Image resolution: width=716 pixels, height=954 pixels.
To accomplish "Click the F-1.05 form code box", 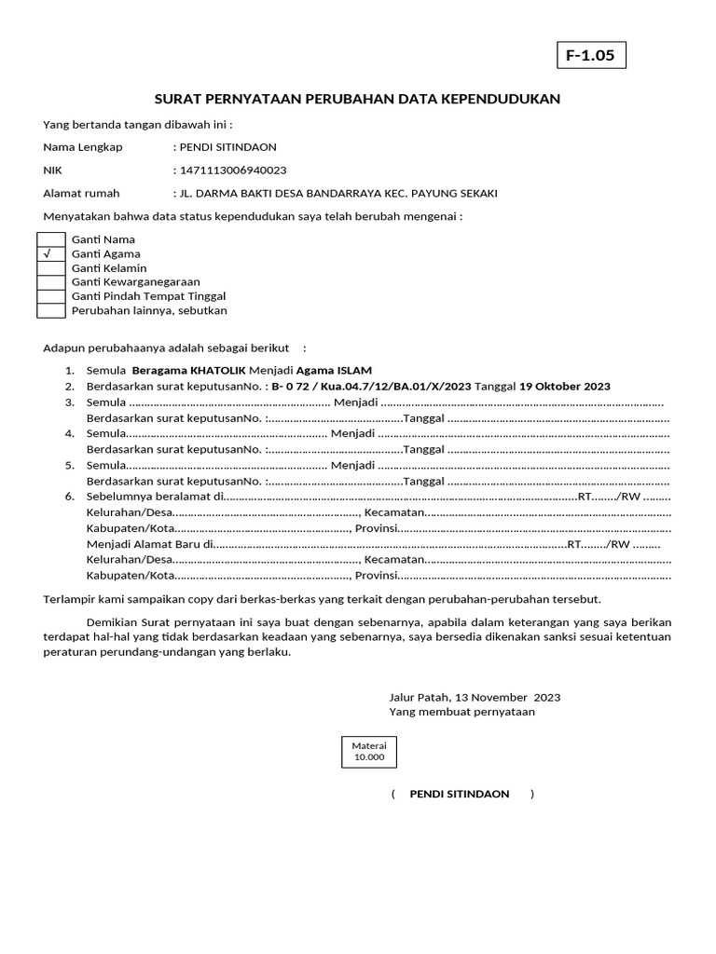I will (x=590, y=56).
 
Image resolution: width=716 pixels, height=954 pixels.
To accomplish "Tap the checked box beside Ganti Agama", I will (x=50, y=253).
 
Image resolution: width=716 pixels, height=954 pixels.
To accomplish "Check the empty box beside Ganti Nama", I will (x=50, y=239).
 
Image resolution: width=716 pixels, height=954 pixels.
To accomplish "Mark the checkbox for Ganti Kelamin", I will (x=50, y=268).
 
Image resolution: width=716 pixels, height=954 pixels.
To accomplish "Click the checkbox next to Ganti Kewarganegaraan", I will (x=50, y=282).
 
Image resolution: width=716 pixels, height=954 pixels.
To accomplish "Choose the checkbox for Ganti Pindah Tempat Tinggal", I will (x=50, y=296).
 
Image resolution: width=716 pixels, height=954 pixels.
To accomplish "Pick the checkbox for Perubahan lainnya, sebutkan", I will (x=50, y=310).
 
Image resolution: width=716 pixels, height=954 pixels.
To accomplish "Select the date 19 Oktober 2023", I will (x=565, y=387).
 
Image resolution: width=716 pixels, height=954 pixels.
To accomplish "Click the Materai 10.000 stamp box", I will (x=368, y=752).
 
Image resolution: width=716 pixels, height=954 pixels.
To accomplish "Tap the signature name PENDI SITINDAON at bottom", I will (x=460, y=794).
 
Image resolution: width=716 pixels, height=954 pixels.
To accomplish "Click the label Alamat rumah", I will (x=82, y=194).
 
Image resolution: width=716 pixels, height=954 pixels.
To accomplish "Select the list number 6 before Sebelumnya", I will (x=69, y=497).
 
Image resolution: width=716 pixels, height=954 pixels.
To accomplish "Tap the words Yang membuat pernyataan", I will (x=461, y=712).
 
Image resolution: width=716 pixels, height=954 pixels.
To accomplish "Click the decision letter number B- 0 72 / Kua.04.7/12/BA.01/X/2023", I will (x=371, y=387).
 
